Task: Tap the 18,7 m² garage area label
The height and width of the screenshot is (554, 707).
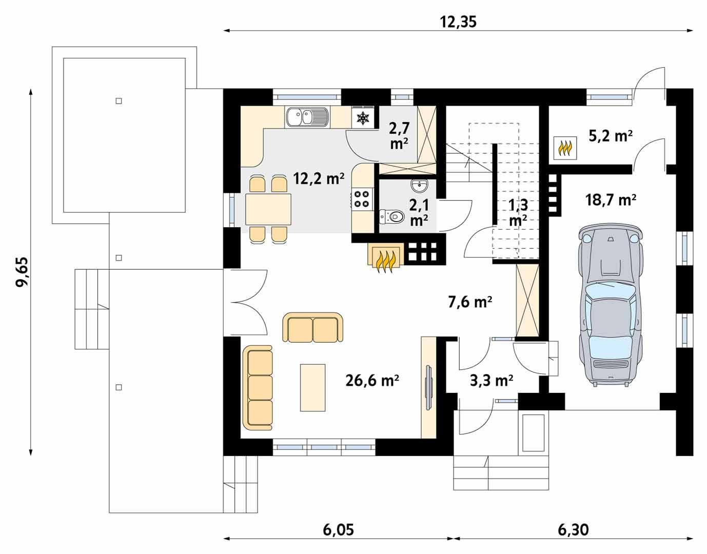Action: pyautogui.click(x=611, y=200)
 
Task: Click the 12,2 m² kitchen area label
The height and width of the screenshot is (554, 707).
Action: pyautogui.click(x=319, y=178)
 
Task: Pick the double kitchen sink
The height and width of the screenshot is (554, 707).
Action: pyautogui.click(x=307, y=117)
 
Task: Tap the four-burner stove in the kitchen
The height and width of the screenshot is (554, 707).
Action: pyautogui.click(x=362, y=199)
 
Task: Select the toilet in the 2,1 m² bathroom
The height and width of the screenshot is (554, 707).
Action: pyautogui.click(x=390, y=217)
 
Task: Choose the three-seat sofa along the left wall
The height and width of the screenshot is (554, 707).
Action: pyautogui.click(x=258, y=388)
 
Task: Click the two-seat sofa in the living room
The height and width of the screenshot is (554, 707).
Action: pyautogui.click(x=312, y=328)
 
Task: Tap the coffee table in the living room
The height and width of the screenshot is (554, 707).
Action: pyautogui.click(x=312, y=387)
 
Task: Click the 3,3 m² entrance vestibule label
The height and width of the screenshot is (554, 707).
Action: pyautogui.click(x=492, y=380)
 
